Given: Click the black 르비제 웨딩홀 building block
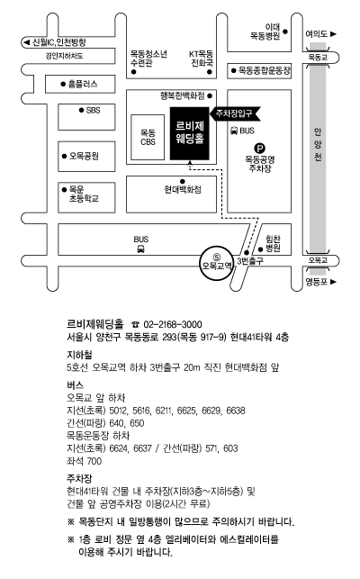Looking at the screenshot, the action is click(189, 133).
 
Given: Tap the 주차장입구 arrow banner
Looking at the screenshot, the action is click(235, 113).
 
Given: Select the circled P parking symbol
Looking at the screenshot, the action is click(260, 149).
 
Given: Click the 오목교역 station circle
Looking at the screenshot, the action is click(217, 262).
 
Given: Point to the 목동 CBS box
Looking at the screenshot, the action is click(148, 137).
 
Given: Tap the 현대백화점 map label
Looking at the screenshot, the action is click(183, 189).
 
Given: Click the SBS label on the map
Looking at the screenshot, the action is click(93, 110).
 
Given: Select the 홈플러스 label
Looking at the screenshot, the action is click(83, 84).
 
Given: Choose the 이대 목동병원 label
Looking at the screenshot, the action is click(265, 32).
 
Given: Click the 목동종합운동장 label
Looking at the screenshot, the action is click(265, 70).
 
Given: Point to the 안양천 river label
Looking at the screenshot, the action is click(318, 144).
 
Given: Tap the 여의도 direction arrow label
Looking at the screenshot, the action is click(320, 34).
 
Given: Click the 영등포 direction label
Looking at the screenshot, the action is click(320, 282).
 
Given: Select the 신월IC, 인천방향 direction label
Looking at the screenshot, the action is click(54, 42).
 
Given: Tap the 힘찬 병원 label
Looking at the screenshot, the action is click(273, 243).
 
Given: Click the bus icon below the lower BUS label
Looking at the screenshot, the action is click(140, 249).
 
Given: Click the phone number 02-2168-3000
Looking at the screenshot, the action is click(173, 324).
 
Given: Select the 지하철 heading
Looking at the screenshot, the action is click(79, 355).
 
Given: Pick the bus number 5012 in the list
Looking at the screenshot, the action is click(118, 411).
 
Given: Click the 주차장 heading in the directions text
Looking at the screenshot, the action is click(79, 479).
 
